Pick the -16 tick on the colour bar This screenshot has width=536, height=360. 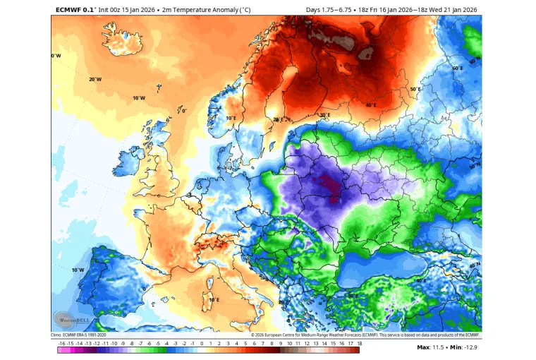click(x=62, y=350)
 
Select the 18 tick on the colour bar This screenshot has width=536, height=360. click(x=359, y=350)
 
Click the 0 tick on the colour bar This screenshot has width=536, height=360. click(x=202, y=350)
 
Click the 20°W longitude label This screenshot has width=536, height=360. click(x=95, y=79)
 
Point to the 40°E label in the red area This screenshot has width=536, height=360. click(x=370, y=105)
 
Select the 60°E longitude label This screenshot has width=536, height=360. click(x=457, y=68)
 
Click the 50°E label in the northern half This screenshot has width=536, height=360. click(x=415, y=90)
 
